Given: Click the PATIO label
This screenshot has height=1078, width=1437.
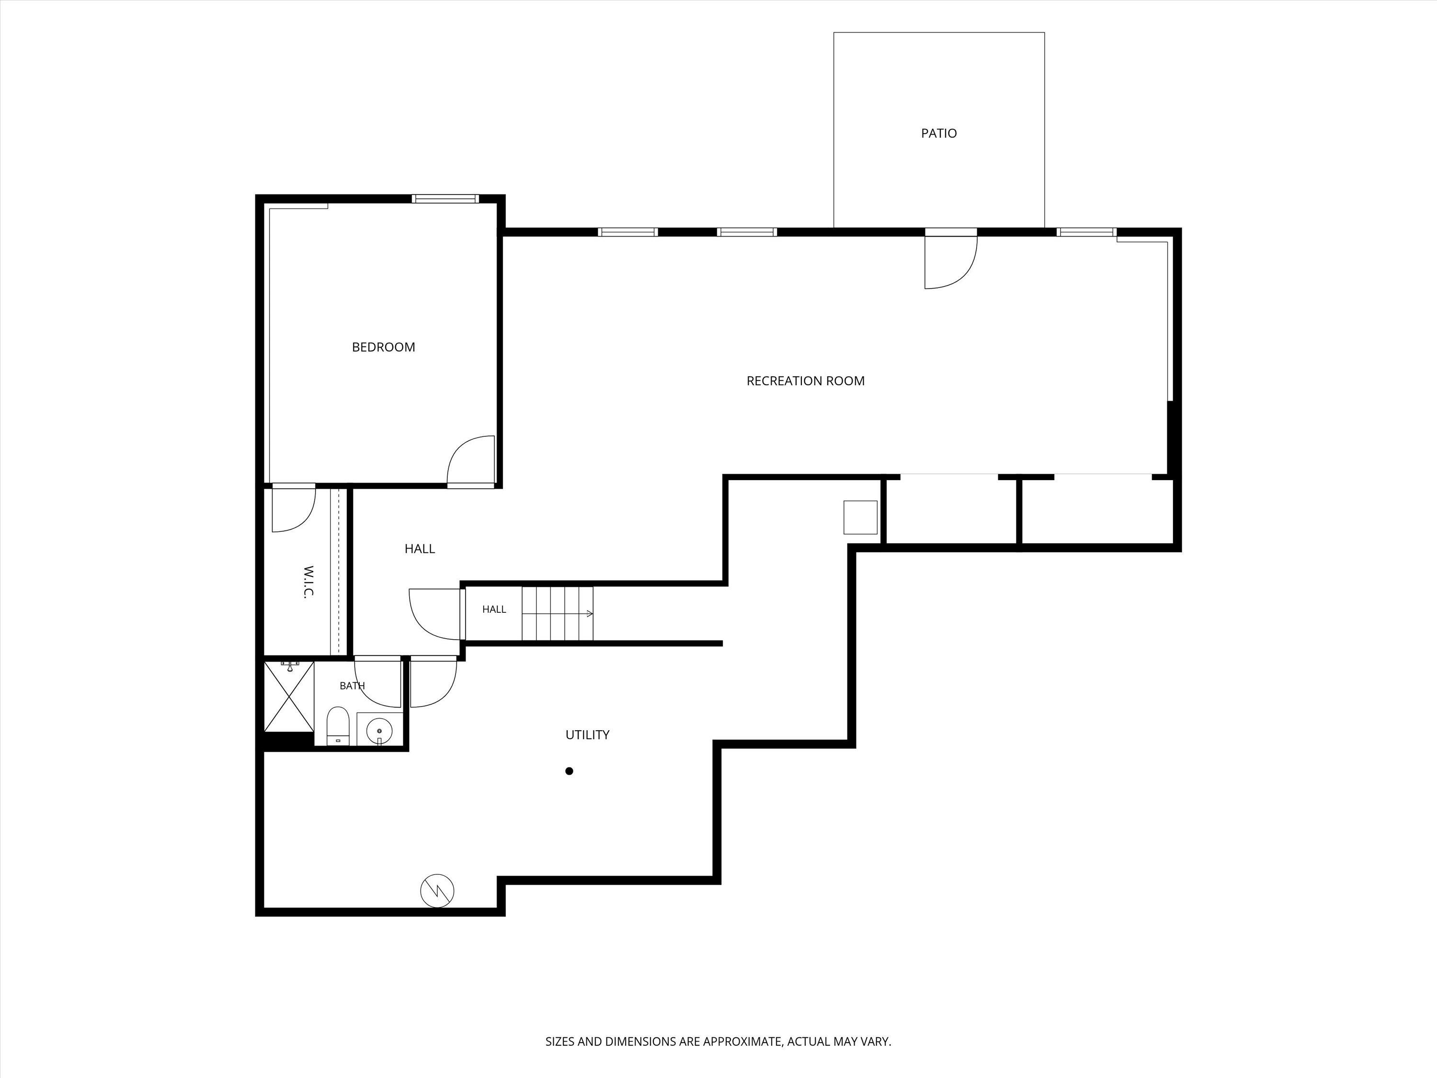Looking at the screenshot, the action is pyautogui.click(x=939, y=133).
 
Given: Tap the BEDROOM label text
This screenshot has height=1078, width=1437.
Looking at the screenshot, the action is pyautogui.click(x=383, y=347).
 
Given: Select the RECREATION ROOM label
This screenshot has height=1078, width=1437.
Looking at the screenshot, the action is pyautogui.click(x=806, y=381).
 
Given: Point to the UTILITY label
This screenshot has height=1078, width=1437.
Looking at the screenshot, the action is pyautogui.click(x=587, y=735).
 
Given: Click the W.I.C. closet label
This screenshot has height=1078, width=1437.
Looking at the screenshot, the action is pyautogui.click(x=308, y=582).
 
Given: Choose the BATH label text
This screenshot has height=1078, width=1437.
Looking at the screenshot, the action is pyautogui.click(x=352, y=686).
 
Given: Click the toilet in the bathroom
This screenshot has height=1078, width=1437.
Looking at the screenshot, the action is pyautogui.click(x=338, y=726).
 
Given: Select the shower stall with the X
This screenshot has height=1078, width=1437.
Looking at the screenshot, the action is pyautogui.click(x=289, y=697).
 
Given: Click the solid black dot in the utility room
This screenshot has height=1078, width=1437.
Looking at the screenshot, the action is pyautogui.click(x=569, y=771).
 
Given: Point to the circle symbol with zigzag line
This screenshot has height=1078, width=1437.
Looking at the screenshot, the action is pyautogui.click(x=437, y=891).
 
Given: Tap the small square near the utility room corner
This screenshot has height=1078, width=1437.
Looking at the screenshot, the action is pyautogui.click(x=860, y=517).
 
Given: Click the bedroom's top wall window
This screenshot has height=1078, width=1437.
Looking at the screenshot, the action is pyautogui.click(x=445, y=199).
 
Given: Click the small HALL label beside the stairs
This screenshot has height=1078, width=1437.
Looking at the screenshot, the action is pyautogui.click(x=494, y=609).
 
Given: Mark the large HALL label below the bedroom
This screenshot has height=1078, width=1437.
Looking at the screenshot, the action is pyautogui.click(x=420, y=549).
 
